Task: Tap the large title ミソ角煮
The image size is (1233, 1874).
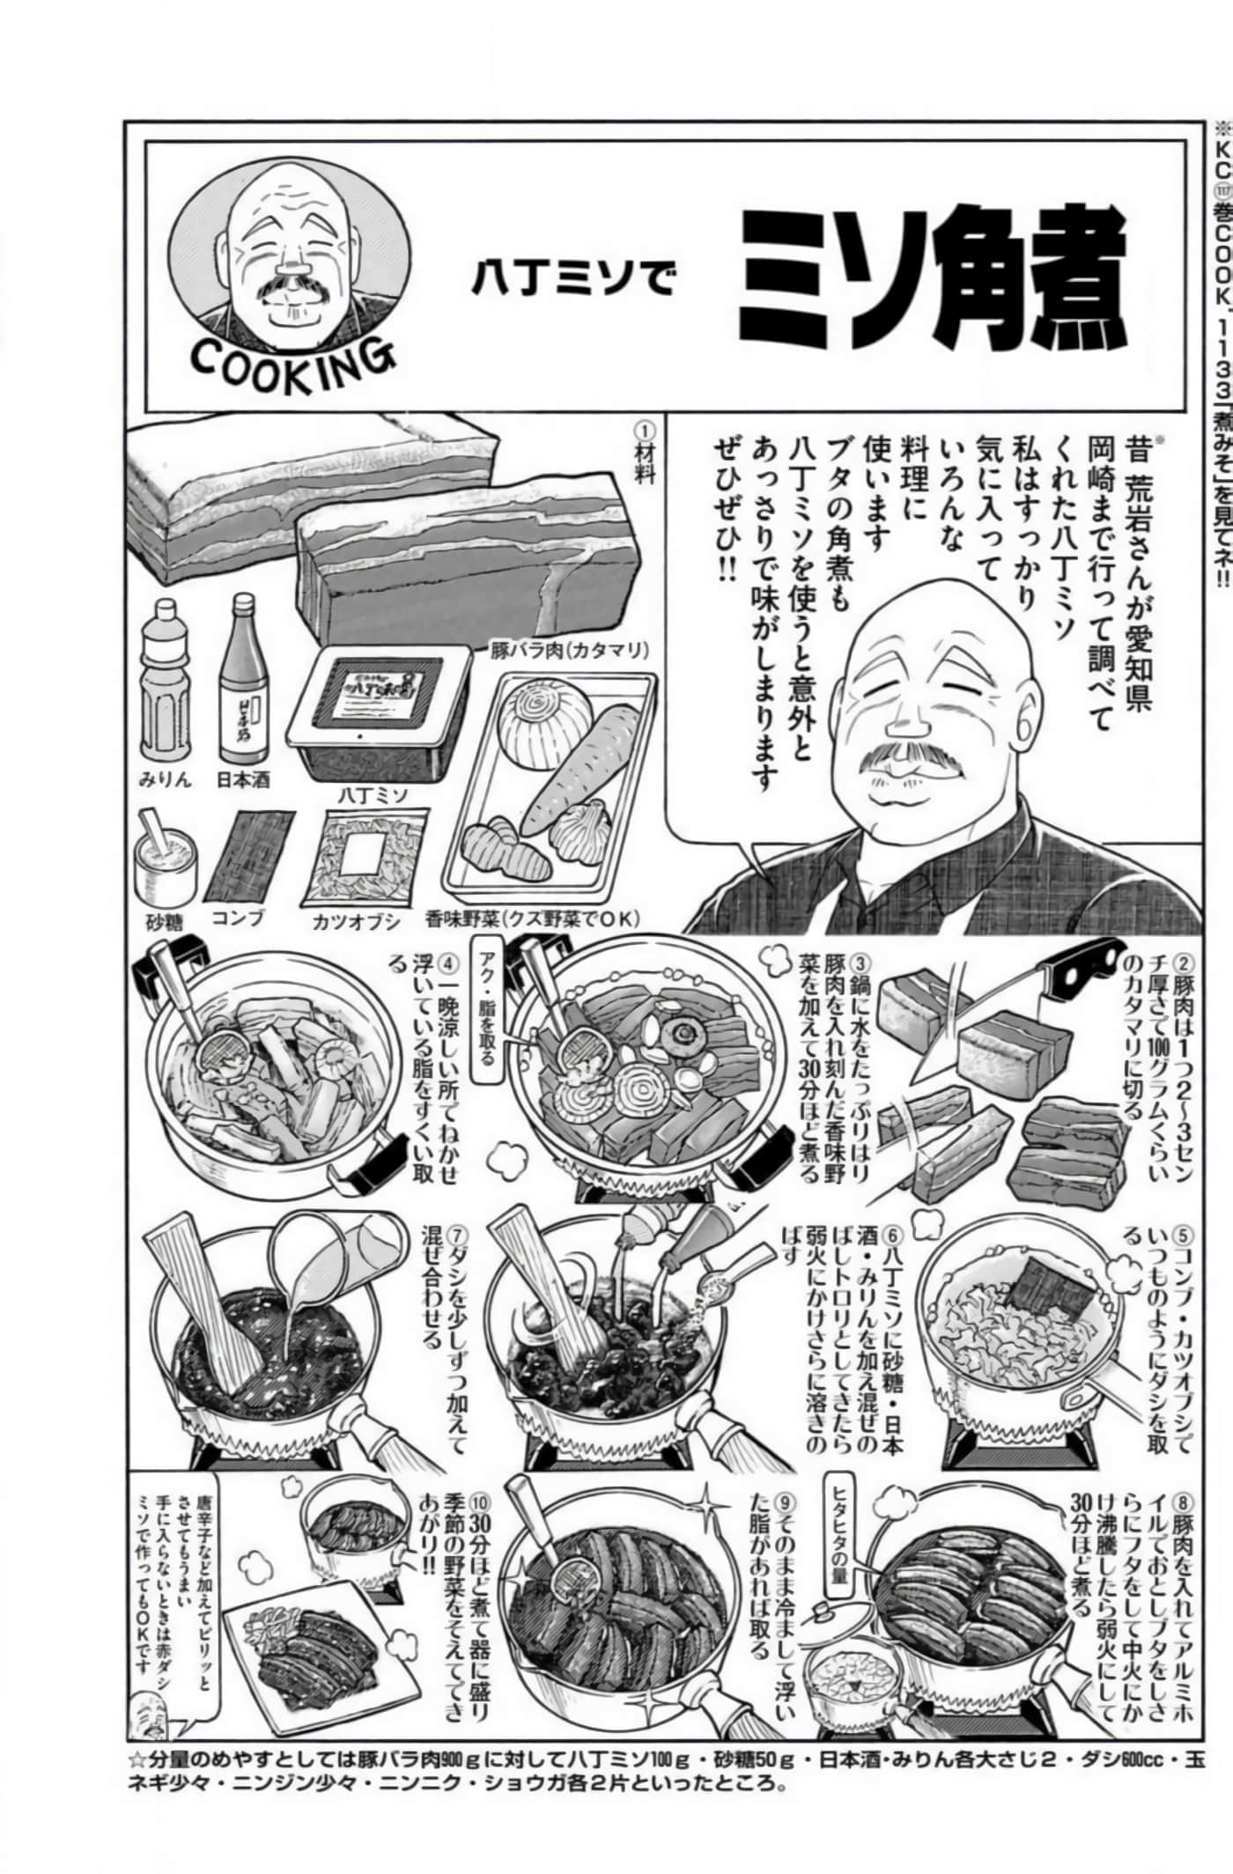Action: tap(933, 278)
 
